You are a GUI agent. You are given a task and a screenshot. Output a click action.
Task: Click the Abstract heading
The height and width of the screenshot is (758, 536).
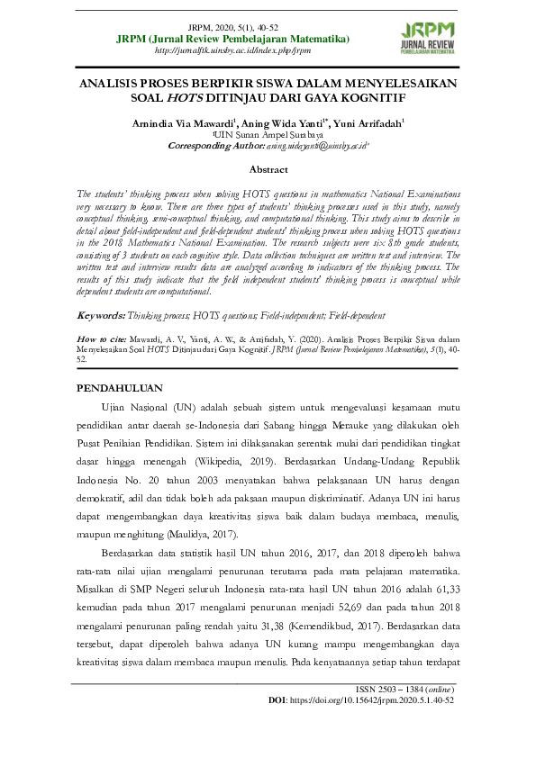(268, 169)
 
